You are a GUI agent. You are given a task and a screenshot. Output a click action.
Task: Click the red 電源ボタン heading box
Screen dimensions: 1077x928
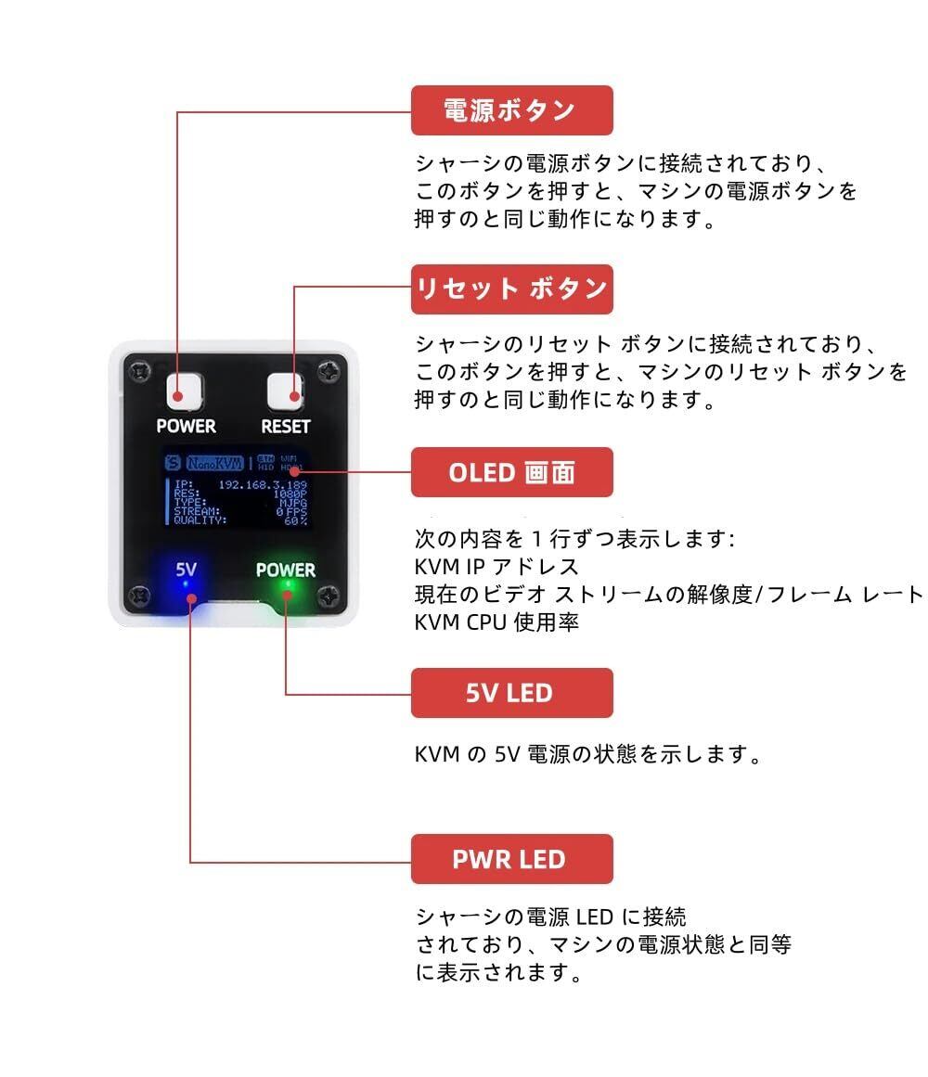(x=511, y=110)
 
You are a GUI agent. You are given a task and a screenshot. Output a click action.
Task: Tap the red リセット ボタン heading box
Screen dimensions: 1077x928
(x=511, y=289)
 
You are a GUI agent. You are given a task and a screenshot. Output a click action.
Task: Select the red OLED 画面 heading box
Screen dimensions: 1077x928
(x=511, y=472)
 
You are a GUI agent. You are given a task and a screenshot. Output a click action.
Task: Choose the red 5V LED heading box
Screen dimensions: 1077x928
(x=511, y=692)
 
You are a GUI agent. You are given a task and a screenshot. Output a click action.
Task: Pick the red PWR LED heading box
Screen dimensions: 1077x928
(x=511, y=858)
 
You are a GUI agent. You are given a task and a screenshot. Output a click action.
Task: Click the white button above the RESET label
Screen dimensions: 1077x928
(x=285, y=392)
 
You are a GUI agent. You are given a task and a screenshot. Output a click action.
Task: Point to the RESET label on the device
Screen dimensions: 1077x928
(x=285, y=427)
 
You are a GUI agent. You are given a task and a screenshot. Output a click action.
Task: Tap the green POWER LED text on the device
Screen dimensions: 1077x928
(x=286, y=570)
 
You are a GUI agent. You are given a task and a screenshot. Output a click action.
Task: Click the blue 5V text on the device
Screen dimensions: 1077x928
(x=187, y=569)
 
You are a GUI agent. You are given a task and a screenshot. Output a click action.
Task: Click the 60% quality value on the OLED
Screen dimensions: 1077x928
(x=296, y=520)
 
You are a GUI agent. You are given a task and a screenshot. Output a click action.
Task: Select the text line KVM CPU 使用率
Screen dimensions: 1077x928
(x=496, y=622)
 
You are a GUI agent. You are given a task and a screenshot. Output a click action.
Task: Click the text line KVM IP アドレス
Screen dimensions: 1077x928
(x=496, y=567)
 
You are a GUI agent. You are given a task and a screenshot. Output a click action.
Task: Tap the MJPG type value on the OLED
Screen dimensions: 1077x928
(x=294, y=503)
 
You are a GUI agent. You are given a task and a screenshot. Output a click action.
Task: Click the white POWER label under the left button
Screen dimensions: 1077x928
(x=186, y=427)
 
